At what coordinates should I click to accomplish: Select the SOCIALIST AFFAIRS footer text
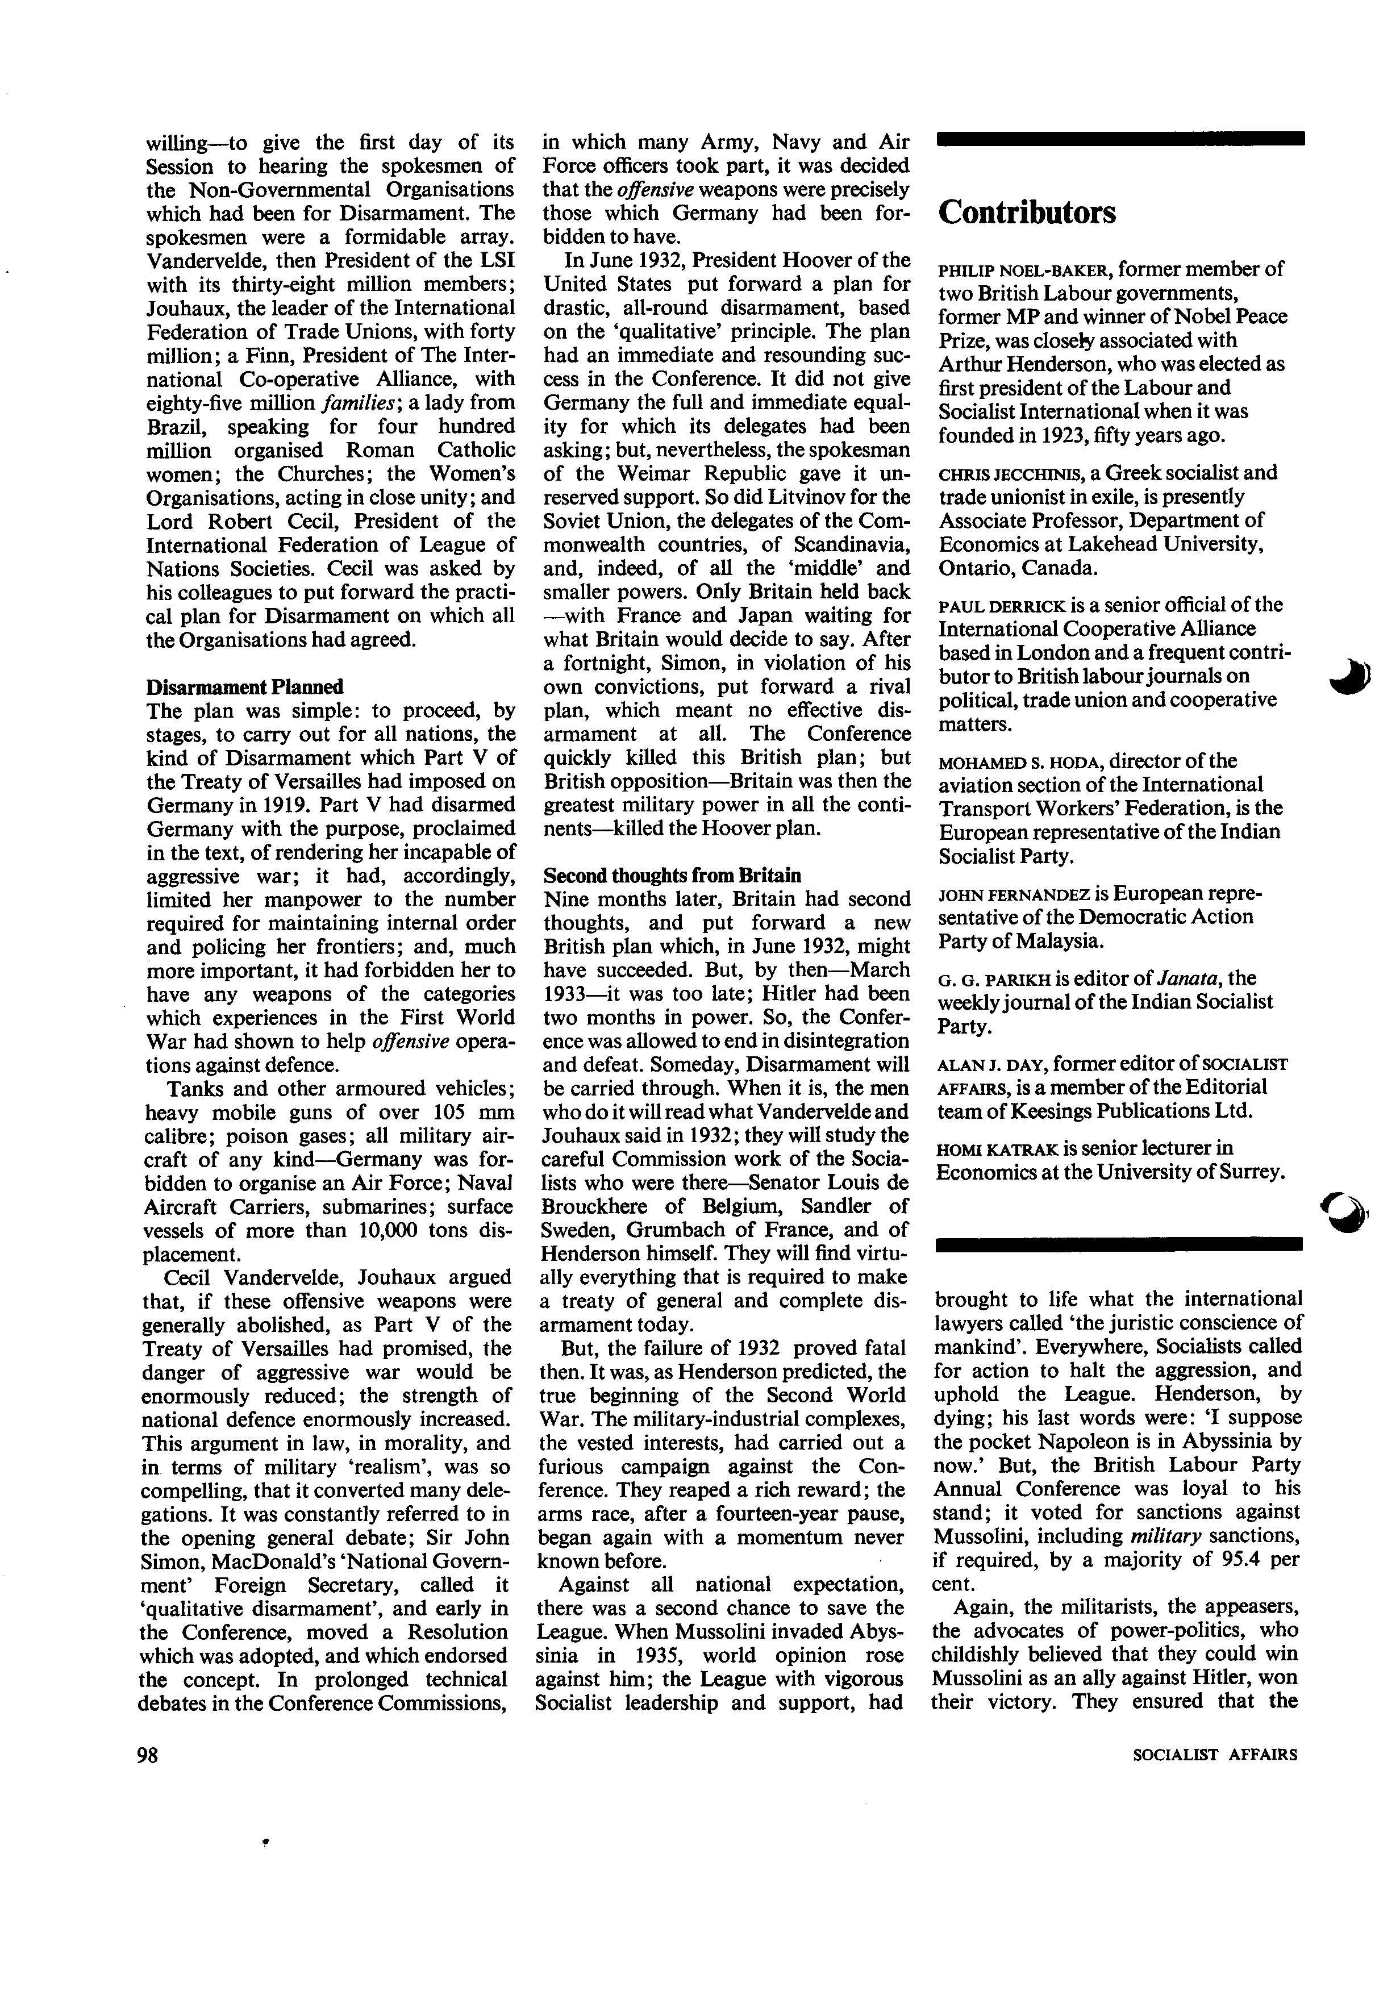click(x=1215, y=1754)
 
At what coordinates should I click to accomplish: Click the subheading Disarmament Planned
click(x=244, y=687)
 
